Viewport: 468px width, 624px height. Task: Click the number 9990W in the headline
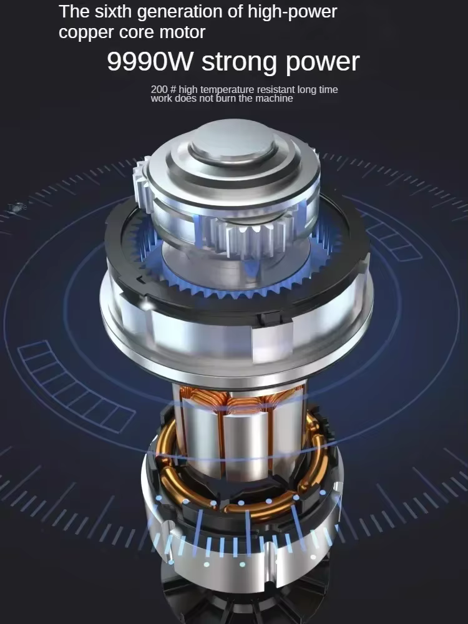click(x=150, y=61)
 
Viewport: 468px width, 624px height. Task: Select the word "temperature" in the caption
click(x=228, y=90)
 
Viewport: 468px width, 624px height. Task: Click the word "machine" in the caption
click(x=274, y=99)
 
